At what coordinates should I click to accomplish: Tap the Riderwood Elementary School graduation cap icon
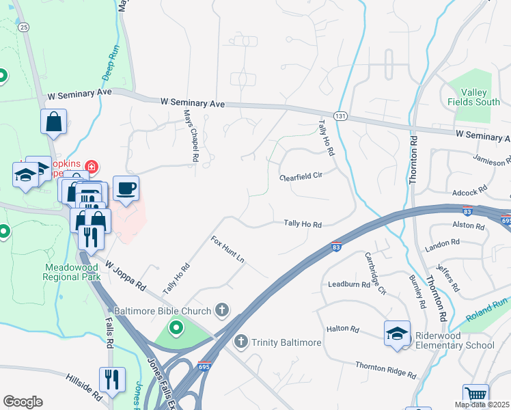point(397,333)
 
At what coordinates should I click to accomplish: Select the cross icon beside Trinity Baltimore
point(240,341)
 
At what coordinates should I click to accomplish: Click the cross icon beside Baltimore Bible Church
point(221,311)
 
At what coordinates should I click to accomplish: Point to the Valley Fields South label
point(473,97)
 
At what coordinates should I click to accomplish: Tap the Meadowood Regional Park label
point(72,272)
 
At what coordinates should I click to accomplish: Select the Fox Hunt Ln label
point(227,251)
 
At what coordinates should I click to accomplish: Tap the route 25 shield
point(24,27)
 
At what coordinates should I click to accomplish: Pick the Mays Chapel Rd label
point(191,137)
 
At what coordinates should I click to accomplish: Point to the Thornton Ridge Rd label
point(385,370)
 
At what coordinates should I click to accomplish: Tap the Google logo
point(23,401)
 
